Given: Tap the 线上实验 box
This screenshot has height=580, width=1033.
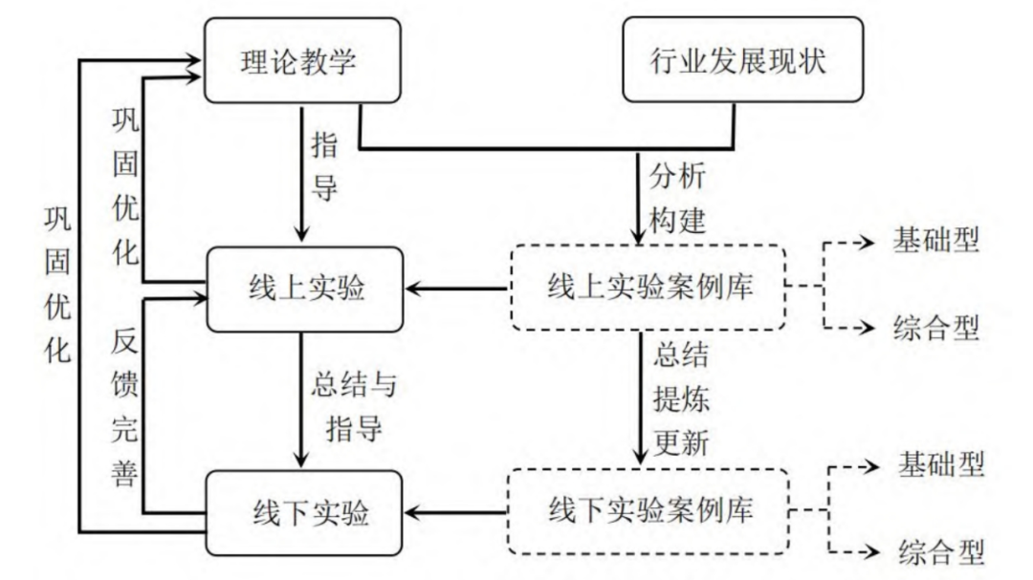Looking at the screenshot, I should (302, 288).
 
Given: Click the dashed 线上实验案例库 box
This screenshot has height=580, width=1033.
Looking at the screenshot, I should (648, 288).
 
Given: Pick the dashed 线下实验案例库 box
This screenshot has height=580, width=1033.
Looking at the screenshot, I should (648, 511).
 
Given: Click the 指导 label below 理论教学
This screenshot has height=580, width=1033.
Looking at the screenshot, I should (325, 168).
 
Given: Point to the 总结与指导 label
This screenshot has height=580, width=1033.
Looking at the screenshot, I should (353, 405).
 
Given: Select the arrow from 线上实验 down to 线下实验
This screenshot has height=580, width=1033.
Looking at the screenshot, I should (302, 401).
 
